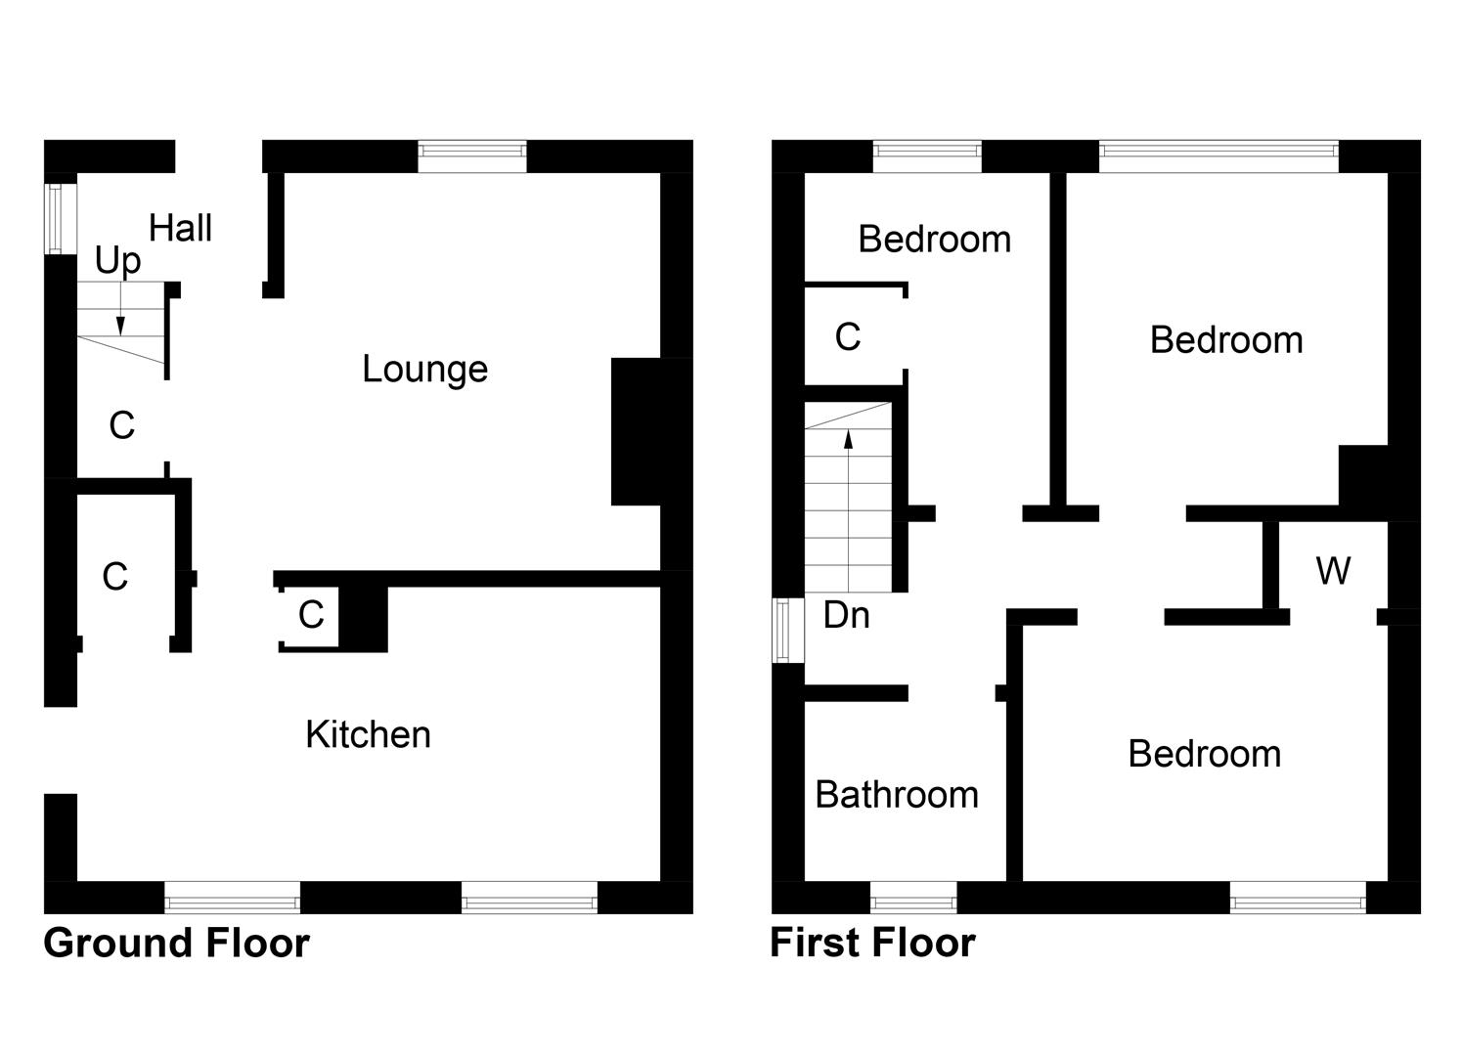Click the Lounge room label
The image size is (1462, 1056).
[x=424, y=369]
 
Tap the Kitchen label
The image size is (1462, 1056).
[x=368, y=734]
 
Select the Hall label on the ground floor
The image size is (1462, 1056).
[x=180, y=228]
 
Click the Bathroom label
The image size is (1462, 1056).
[x=896, y=795]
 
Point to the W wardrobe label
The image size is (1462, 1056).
[x=1333, y=570]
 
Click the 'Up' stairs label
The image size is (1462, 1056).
[x=118, y=261]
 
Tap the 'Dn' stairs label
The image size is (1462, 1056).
[x=846, y=615]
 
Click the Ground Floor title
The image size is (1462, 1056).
[x=177, y=944]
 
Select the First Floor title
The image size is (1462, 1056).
[x=872, y=944]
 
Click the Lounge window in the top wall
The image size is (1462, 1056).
[x=472, y=156]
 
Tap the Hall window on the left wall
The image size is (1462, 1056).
[x=61, y=219]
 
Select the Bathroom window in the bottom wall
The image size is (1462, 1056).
[x=913, y=898]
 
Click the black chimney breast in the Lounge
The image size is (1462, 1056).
[x=637, y=431]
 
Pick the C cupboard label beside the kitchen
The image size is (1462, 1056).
[x=311, y=615]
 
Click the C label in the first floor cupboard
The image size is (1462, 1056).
[x=848, y=337]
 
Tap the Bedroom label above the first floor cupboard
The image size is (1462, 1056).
[x=934, y=240]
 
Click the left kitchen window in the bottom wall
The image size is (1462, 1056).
[x=232, y=898]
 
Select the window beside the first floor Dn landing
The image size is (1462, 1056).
[x=787, y=631]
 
